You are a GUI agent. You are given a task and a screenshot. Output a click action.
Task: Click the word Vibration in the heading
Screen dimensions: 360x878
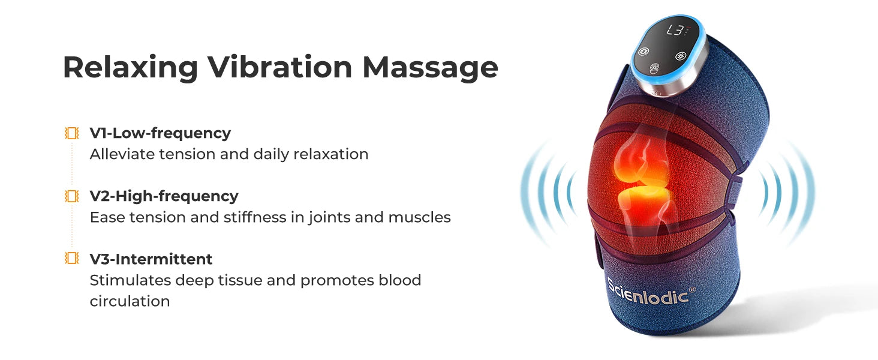tap(280, 67)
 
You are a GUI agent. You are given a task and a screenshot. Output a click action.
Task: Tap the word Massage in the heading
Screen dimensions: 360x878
tap(430, 67)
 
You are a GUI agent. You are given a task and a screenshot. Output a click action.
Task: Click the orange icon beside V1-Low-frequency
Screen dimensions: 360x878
tap(72, 133)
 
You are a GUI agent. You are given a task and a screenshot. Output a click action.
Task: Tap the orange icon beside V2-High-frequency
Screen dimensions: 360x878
tap(72, 196)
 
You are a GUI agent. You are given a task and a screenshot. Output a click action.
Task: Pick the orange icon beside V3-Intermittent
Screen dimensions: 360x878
tap(72, 259)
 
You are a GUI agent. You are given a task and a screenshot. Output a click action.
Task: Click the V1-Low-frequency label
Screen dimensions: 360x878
tap(160, 133)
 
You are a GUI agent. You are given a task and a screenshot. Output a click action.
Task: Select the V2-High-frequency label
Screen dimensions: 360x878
tap(164, 196)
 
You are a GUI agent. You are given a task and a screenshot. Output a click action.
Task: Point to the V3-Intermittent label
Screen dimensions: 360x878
tap(151, 259)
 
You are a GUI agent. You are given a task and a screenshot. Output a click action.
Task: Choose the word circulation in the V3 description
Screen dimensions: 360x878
tap(130, 301)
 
